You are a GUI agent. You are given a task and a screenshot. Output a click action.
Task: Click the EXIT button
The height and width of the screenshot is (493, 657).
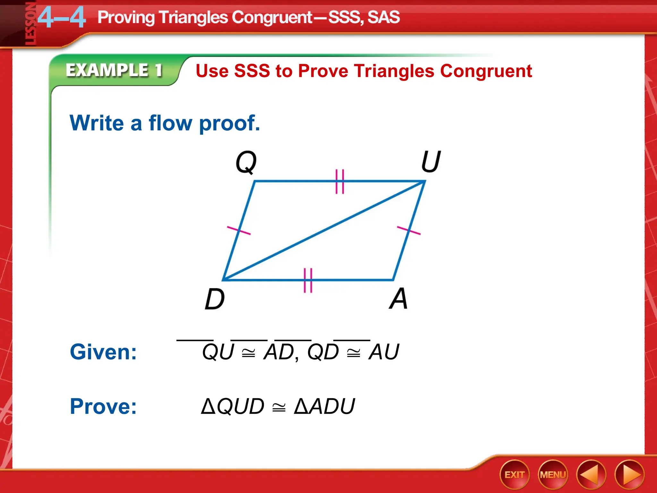[x=514, y=474]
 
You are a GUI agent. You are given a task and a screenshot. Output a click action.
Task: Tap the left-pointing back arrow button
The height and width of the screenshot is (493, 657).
[x=591, y=475]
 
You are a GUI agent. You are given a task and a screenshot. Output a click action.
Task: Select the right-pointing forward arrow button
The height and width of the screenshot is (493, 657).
[x=629, y=475]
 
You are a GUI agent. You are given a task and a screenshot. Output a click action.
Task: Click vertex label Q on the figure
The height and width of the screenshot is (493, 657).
[x=246, y=162]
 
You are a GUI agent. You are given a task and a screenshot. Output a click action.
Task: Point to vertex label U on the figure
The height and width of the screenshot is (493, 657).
[x=431, y=161]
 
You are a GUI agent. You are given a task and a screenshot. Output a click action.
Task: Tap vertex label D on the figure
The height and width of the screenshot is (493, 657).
[x=214, y=299]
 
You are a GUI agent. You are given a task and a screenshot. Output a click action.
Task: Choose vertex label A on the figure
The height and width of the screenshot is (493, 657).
[x=398, y=298]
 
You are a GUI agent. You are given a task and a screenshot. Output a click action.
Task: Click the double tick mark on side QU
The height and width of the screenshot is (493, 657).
[x=340, y=182]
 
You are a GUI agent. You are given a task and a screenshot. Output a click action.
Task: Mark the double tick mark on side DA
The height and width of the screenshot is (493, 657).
[x=308, y=280]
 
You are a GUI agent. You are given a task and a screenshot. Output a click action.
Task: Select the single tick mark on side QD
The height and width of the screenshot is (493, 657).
[x=239, y=230]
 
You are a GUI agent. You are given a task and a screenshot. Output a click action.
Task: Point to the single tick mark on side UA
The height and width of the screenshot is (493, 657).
[x=409, y=230]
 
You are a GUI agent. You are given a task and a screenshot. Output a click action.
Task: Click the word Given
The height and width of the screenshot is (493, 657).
[x=103, y=352]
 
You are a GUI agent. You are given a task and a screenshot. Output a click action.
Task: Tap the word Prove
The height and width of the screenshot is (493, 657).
[x=103, y=406]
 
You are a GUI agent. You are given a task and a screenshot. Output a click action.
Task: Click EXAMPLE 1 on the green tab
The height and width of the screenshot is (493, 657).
[x=114, y=70]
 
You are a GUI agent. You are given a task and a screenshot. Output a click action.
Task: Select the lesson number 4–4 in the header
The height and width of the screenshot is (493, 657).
[x=62, y=18]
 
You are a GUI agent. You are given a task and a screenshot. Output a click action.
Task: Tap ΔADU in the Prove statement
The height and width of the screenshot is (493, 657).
[x=324, y=406]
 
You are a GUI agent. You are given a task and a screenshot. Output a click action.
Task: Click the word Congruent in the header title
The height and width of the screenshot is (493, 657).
[x=272, y=17]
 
